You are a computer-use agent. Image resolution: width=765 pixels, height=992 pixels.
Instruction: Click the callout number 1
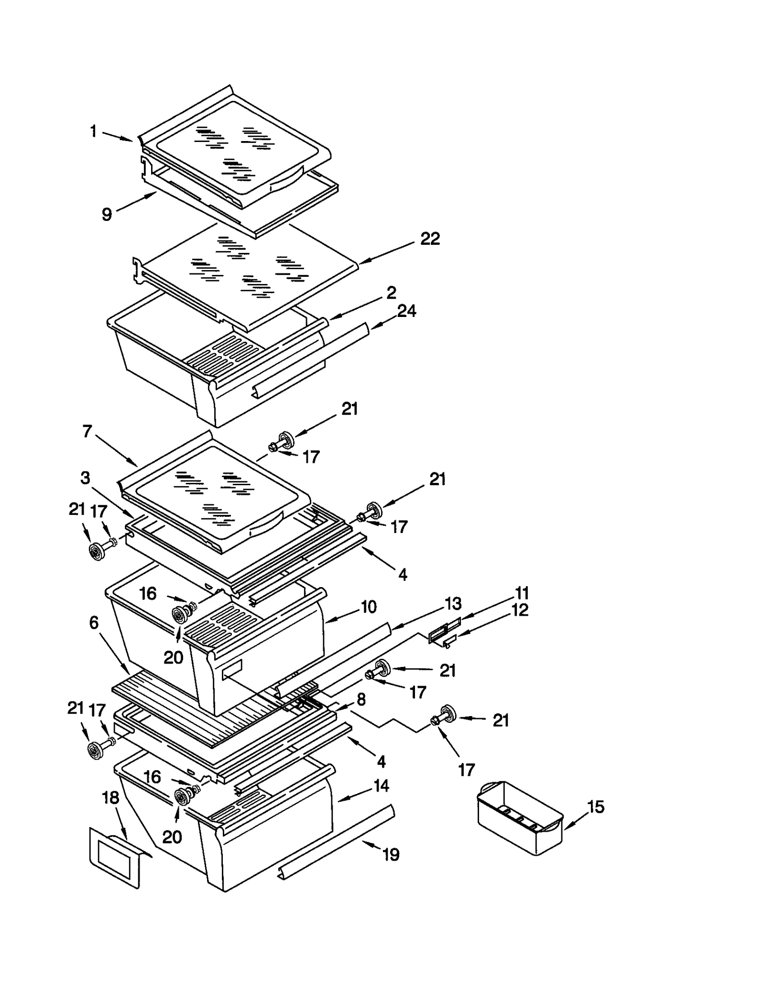(x=94, y=131)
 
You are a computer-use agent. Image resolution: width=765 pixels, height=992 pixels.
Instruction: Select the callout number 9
(x=107, y=214)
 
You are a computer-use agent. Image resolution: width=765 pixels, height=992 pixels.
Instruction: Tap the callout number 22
(x=429, y=238)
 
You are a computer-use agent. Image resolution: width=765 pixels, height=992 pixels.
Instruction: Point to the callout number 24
(x=406, y=311)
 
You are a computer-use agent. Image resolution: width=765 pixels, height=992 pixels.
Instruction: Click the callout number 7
(x=87, y=431)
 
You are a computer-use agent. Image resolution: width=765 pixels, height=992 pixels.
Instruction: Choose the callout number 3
(x=85, y=477)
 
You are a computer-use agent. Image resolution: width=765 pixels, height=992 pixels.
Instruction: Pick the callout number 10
(x=368, y=607)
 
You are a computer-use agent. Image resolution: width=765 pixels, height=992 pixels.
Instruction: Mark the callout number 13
(x=453, y=603)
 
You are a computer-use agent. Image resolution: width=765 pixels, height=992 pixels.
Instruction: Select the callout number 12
(x=520, y=610)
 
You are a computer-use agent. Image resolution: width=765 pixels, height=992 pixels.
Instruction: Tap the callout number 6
(x=94, y=622)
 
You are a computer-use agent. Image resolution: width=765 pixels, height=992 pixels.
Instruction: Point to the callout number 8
(x=361, y=699)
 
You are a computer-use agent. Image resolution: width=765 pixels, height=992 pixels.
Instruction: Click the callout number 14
(x=381, y=785)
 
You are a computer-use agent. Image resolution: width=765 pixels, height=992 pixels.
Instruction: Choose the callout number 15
(x=596, y=807)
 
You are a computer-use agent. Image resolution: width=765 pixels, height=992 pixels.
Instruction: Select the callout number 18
(x=111, y=797)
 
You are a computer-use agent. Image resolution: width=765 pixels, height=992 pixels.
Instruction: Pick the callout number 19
(x=391, y=854)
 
